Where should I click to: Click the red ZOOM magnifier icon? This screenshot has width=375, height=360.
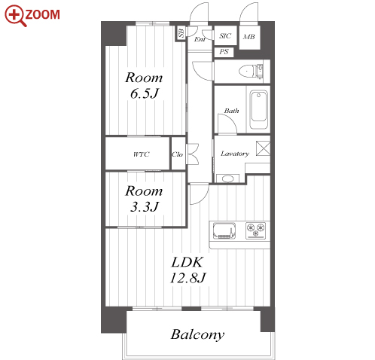tap(16, 16)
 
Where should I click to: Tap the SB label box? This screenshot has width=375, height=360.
tap(181, 33)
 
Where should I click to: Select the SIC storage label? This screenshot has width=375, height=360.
tap(225, 36)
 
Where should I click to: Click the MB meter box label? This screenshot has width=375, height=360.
tap(249, 37)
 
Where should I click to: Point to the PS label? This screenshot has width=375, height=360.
tap(224, 52)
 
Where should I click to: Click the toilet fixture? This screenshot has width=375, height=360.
tap(251, 71)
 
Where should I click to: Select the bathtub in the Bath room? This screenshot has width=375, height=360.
tap(258, 110)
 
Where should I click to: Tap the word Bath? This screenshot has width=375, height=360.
tap(231, 111)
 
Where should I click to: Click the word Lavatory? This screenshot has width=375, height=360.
tap(235, 154)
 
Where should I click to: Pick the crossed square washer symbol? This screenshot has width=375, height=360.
tap(263, 148)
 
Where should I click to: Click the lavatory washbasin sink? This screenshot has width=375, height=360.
tap(227, 178)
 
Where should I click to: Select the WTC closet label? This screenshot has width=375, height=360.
tap(142, 154)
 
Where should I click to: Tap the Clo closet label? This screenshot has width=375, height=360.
tap(177, 154)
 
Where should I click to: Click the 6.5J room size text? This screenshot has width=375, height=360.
tap(145, 93)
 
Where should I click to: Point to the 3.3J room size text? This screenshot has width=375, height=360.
tap(145, 207)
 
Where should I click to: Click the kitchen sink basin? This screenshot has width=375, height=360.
tap(224, 230)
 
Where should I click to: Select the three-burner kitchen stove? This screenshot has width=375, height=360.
tap(255, 230)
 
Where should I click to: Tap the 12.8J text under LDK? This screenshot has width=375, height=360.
tap(188, 278)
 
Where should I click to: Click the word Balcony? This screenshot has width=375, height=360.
tap(197, 334)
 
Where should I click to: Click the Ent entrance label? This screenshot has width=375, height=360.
tap(200, 39)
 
